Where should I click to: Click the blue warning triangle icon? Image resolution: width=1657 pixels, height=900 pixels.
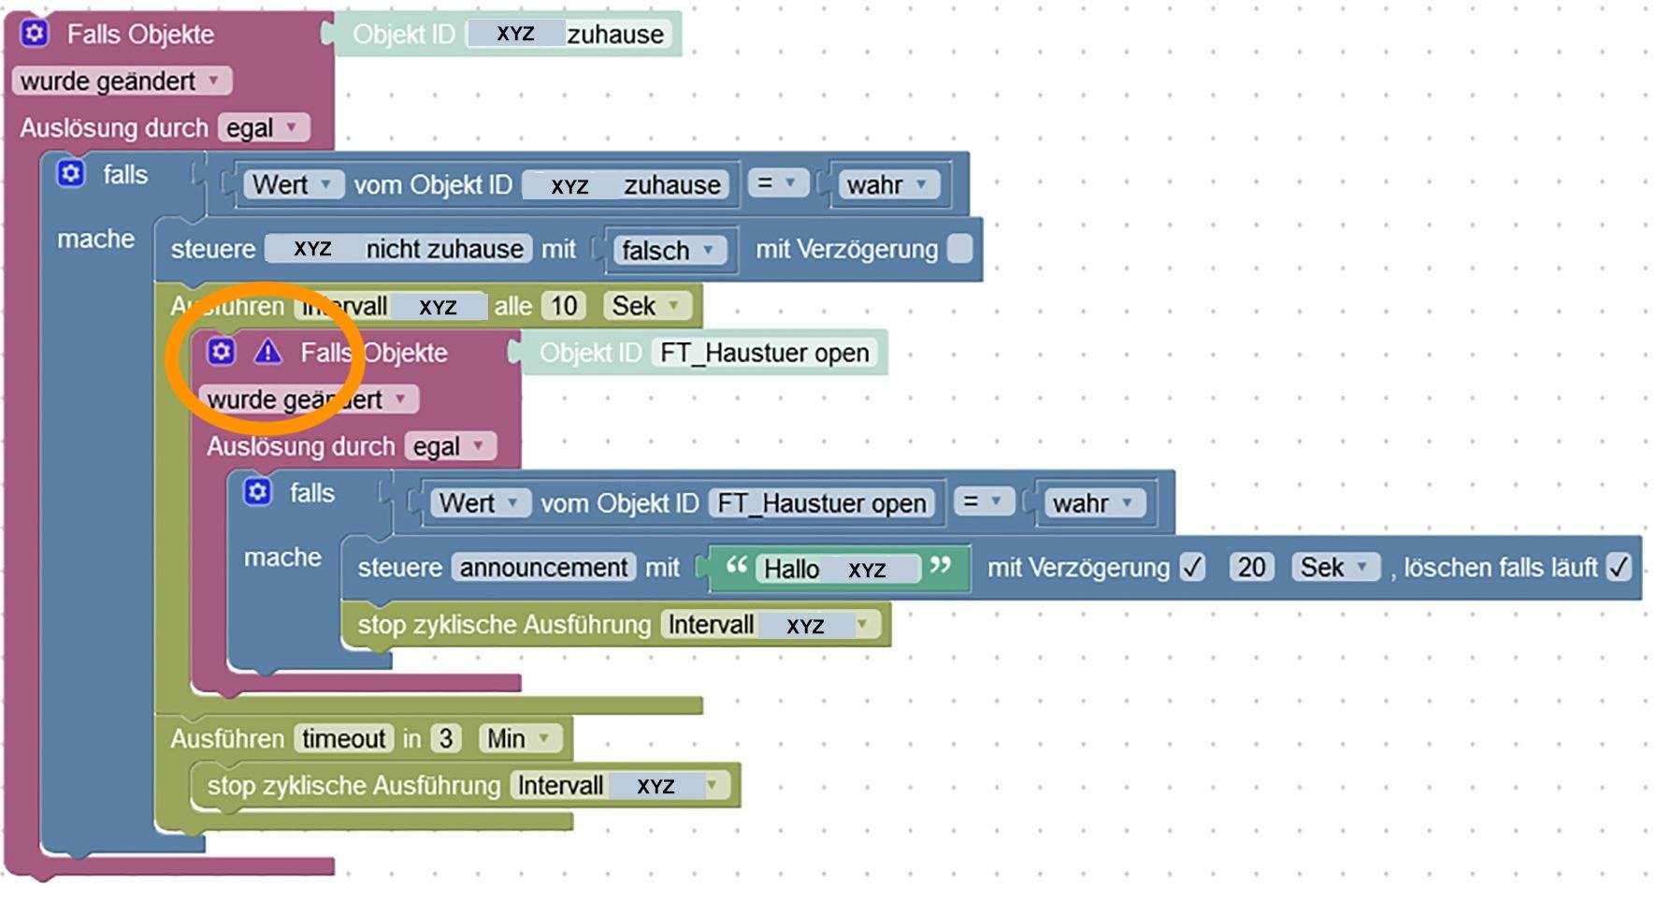(267, 352)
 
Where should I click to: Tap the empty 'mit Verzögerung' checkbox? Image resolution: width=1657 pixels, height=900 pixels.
(959, 249)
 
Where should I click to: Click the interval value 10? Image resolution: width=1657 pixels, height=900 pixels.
(564, 306)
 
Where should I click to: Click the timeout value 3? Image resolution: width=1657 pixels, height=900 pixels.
(446, 739)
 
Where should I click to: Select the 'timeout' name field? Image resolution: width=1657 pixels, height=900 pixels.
(343, 739)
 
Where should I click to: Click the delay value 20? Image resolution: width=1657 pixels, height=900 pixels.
(1251, 567)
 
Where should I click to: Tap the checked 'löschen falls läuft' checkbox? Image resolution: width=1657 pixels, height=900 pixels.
(1619, 567)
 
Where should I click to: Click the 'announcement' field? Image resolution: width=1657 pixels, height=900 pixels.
(543, 567)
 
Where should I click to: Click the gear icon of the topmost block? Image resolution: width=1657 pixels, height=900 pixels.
(35, 34)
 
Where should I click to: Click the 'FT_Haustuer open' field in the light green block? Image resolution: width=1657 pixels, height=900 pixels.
(764, 353)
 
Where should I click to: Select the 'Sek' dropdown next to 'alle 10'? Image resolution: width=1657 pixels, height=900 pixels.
(645, 306)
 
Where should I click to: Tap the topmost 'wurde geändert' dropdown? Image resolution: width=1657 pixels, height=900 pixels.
(121, 81)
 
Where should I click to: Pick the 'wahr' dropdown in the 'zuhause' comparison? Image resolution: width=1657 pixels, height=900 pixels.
(886, 185)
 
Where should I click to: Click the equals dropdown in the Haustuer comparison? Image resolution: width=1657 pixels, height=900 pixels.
(981, 503)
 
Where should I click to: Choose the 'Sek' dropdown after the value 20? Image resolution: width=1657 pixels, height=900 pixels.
(1333, 567)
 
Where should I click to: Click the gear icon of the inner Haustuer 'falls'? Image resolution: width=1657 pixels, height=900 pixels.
(257, 492)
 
